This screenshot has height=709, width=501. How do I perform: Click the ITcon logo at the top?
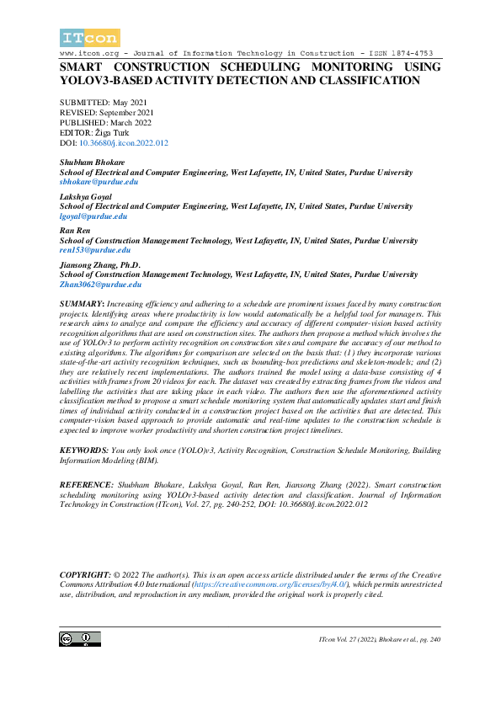[x=90, y=37]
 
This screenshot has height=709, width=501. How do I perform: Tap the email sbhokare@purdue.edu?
[x=99, y=181]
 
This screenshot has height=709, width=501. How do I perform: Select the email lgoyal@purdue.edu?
[x=93, y=216]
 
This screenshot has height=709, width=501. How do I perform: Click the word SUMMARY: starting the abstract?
[x=83, y=301]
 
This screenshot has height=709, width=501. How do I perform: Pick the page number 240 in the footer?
[x=433, y=641]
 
